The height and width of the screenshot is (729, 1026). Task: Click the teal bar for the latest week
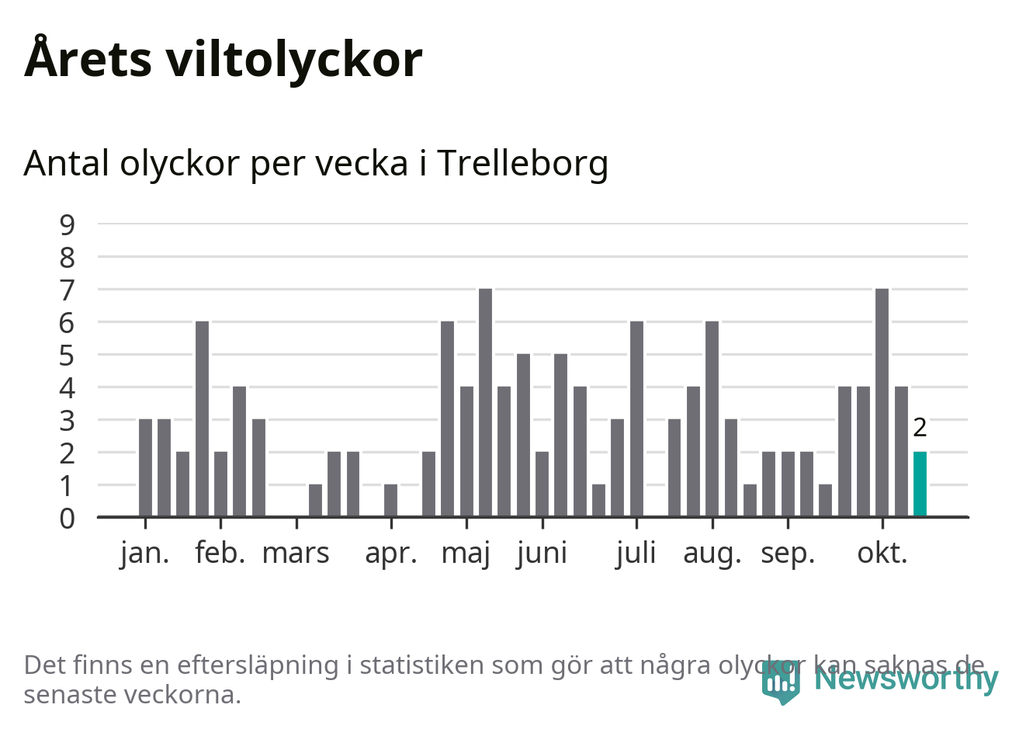pos(920,484)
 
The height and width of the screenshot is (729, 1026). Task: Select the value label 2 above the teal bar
pos(920,428)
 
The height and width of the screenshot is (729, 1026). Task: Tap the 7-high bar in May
pos(485,402)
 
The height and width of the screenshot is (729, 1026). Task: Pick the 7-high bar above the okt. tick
pos(882,402)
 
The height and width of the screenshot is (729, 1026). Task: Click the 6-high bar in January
pos(202,418)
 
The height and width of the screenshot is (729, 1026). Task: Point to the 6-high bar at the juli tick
pos(636,418)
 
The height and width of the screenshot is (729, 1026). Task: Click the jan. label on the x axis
pos(145,554)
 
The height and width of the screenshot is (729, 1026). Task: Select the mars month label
pos(296,554)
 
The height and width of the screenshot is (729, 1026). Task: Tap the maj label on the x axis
pos(466,554)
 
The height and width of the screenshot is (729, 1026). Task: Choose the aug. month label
pos(712,554)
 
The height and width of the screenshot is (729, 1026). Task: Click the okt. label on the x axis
pos(882,554)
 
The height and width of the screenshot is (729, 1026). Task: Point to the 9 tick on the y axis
pos(68,224)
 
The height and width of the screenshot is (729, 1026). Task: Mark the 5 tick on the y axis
pos(68,356)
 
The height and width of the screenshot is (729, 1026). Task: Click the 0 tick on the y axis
pos(68,519)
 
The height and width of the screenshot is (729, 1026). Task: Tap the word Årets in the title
pos(88,59)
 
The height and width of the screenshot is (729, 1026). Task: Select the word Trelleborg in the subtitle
pos(522,164)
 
